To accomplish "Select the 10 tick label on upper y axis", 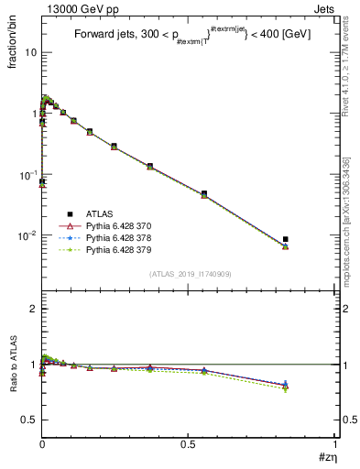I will coord(31,53).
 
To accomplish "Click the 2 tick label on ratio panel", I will coord(33,309).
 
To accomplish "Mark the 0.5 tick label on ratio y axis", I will coord(29,420).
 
